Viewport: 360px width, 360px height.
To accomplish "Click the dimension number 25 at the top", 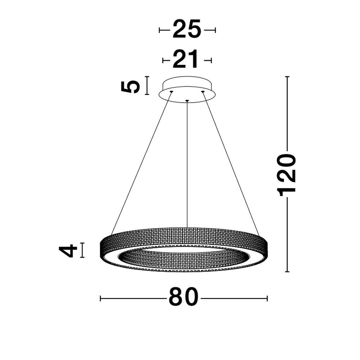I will [187, 30].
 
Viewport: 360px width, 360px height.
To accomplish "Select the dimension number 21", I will [186, 60].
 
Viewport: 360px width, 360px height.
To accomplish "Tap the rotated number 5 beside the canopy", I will [130, 86].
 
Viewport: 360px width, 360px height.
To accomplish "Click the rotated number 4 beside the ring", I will [68, 251].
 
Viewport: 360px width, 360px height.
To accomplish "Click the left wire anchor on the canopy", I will [171, 92].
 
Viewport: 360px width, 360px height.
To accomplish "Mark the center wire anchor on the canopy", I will [187, 100].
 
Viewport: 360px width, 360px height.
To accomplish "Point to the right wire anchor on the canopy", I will [203, 92].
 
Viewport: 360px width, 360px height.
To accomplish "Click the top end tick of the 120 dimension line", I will [287, 77].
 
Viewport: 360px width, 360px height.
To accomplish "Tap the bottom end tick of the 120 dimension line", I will [287, 272].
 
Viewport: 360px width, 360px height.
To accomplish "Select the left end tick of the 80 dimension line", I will [100, 298].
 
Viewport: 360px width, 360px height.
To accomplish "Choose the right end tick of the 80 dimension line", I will [267, 298].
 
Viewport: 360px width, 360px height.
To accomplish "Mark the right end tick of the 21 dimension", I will [211, 60].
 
